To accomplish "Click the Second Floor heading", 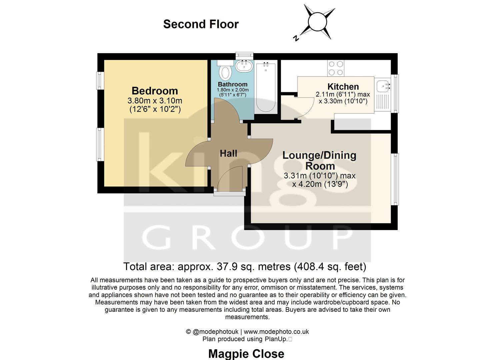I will [x=201, y=24].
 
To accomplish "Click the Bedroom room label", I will [x=155, y=91].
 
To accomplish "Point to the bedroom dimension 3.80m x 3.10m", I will [x=155, y=101].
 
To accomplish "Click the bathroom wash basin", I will [x=244, y=66].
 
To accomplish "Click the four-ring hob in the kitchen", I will [x=336, y=68].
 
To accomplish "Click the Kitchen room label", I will [x=343, y=87].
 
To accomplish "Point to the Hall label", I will [x=228, y=153].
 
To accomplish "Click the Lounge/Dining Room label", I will [x=319, y=160].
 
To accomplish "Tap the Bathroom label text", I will [x=233, y=84].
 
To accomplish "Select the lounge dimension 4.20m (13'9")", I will [x=320, y=184].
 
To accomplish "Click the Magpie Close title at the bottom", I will [x=246, y=354].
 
